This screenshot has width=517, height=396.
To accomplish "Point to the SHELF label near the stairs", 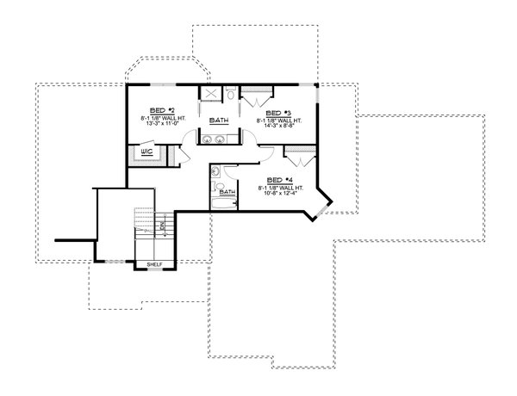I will [155, 264].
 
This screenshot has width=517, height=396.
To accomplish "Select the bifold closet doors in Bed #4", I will [298, 158].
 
